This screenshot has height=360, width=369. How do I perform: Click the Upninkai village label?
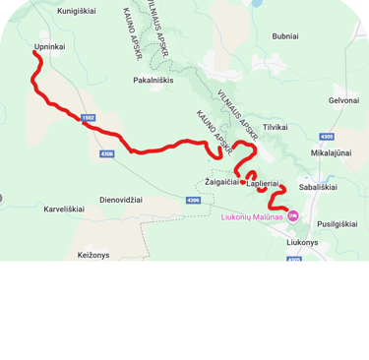[x=50, y=45]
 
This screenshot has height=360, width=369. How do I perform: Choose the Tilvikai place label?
[x=276, y=127]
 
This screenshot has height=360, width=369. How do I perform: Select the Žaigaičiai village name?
[x=220, y=182]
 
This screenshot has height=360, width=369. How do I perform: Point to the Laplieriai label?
[x=264, y=183]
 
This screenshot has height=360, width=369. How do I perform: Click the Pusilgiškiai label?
[x=338, y=223]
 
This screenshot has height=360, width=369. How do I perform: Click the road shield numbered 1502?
[x=88, y=117]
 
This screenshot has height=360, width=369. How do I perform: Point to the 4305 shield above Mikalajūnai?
[x=327, y=137]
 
